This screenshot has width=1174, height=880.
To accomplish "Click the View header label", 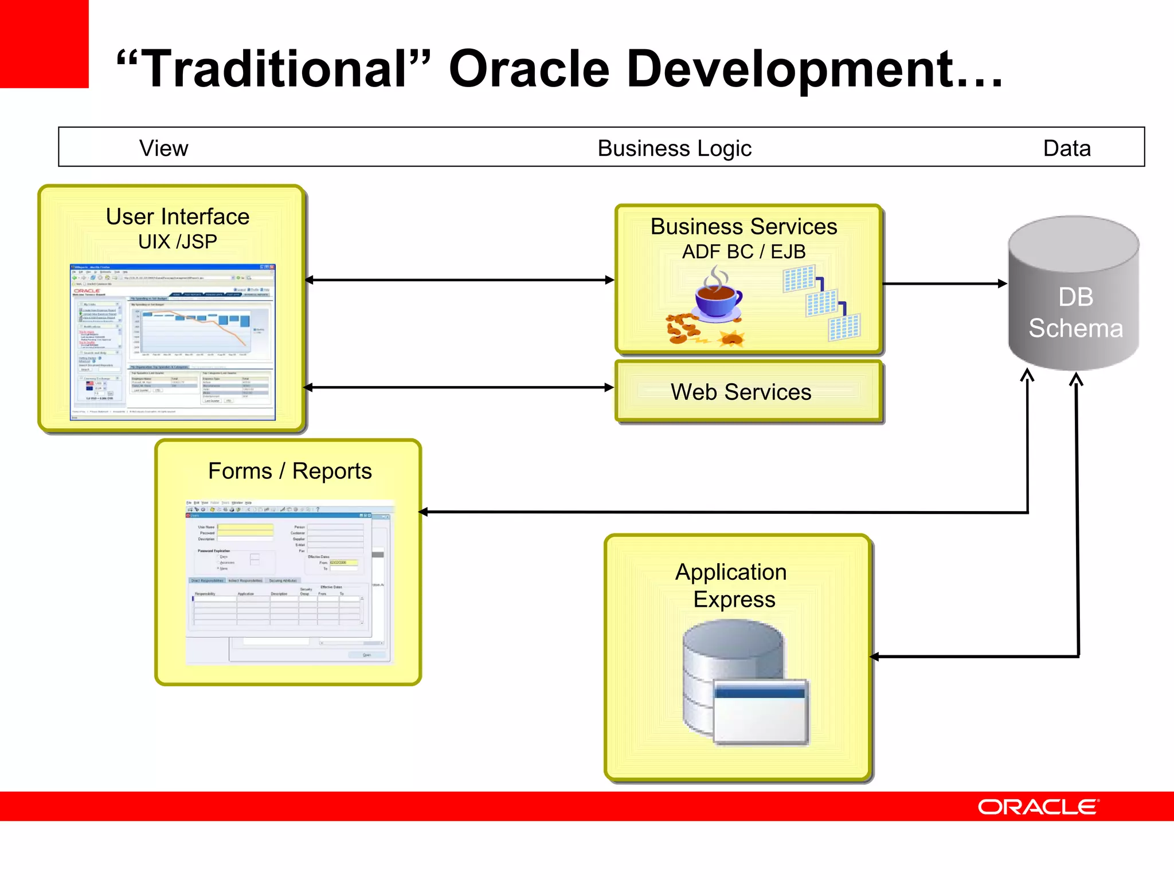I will (163, 148).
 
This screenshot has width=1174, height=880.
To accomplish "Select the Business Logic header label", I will (674, 148).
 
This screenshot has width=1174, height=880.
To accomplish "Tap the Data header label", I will (1066, 148).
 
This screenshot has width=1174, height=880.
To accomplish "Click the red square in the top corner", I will (44, 44).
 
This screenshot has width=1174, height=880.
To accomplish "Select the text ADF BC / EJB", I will (743, 252).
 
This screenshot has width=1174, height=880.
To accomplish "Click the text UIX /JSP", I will (178, 242).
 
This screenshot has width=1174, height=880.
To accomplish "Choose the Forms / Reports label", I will (289, 471).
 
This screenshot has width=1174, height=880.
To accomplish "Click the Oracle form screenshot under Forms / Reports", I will (289, 582).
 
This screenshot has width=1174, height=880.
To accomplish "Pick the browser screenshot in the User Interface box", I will (173, 342).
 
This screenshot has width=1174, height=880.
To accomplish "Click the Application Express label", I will (732, 585).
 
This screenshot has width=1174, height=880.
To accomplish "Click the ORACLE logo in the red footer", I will (1038, 807).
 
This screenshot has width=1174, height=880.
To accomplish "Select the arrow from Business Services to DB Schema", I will (944, 284).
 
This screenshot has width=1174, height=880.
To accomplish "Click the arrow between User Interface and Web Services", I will (459, 387).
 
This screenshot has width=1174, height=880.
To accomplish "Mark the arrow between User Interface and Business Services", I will (459, 280).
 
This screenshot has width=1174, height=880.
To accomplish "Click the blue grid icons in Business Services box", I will (821, 302).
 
